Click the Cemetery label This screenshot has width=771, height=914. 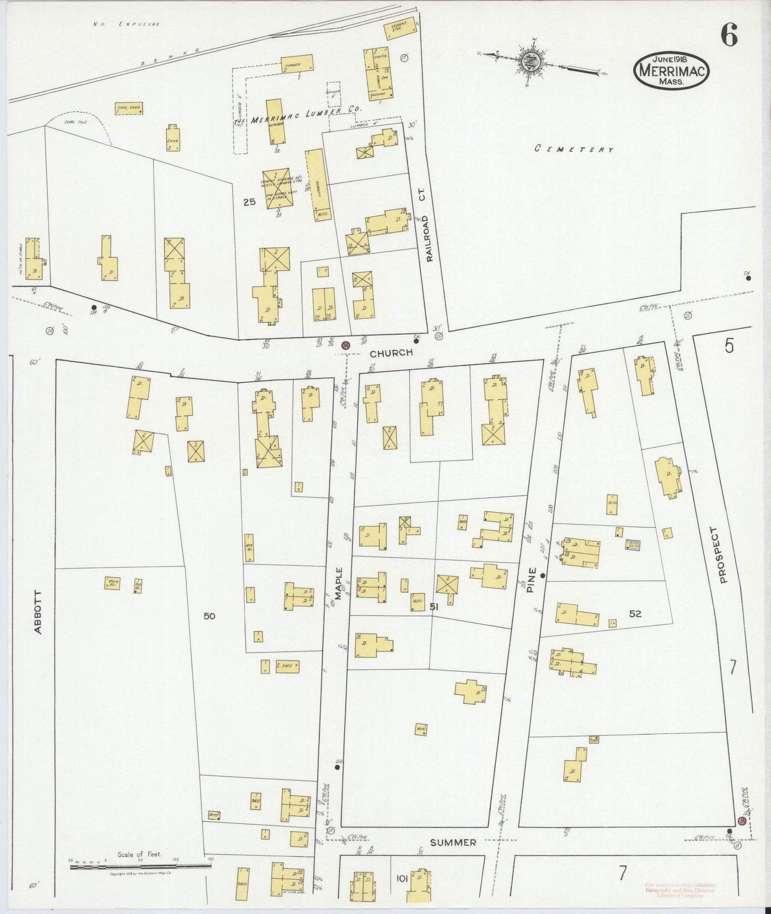(574, 149)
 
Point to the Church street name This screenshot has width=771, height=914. (392, 352)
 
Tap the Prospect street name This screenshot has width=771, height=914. (723, 555)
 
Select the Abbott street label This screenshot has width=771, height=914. (37, 612)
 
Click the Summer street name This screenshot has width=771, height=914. (453, 843)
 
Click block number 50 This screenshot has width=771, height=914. (209, 616)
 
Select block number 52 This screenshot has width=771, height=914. (634, 614)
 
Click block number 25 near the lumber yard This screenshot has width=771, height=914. (249, 202)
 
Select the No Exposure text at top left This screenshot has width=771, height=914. (126, 24)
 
